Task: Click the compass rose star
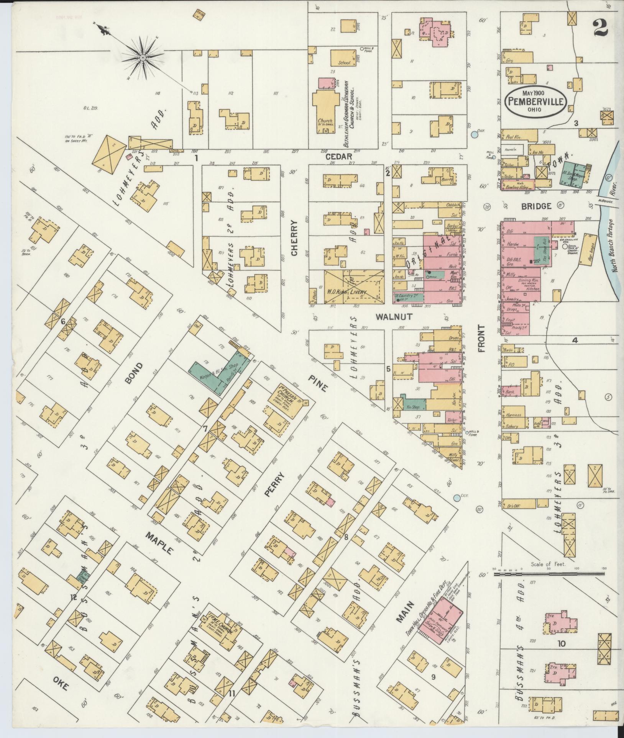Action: pos(142,57)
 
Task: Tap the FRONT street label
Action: pos(481,338)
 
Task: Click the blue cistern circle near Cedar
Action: pos(475,134)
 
